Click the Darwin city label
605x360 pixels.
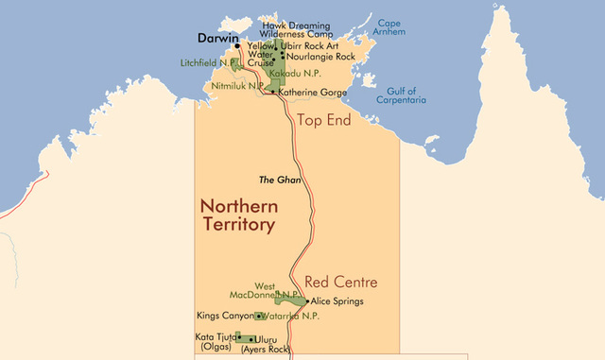click(217, 39)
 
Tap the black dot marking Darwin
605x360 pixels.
click(237, 45)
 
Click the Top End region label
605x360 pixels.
click(324, 120)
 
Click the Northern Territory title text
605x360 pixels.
click(237, 215)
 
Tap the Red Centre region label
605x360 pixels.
click(340, 283)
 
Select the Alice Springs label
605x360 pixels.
click(337, 301)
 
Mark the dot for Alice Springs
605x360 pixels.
click(308, 301)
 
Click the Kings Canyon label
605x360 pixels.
click(224, 317)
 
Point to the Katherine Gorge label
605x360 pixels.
click(312, 93)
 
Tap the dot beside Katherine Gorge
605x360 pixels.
click(273, 92)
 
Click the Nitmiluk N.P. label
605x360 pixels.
click(236, 84)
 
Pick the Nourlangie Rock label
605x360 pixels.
click(320, 56)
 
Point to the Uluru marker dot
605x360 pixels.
click(251, 338)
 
